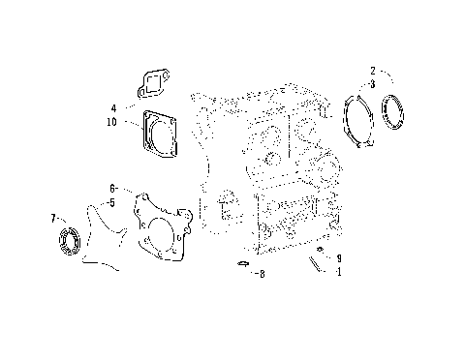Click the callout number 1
(338, 273)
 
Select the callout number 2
(372, 71)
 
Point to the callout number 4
(113, 107)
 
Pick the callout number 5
(112, 202)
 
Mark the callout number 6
(112, 188)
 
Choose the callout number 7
(52, 220)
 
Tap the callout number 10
(113, 122)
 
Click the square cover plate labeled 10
(159, 133)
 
